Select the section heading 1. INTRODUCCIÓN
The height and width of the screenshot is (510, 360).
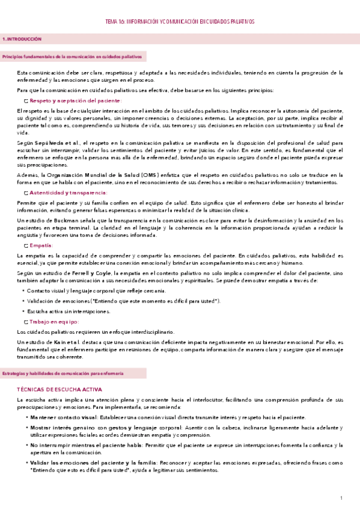point(22,38)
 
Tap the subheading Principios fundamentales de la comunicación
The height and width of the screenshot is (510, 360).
point(72,56)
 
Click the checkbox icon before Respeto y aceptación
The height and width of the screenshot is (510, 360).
point(25,101)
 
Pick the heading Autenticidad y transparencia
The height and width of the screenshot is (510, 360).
point(69,192)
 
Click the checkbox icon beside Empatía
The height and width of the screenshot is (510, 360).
point(25,246)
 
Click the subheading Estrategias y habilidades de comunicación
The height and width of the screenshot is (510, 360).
point(63,373)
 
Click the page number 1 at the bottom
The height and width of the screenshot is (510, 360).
point(341,498)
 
